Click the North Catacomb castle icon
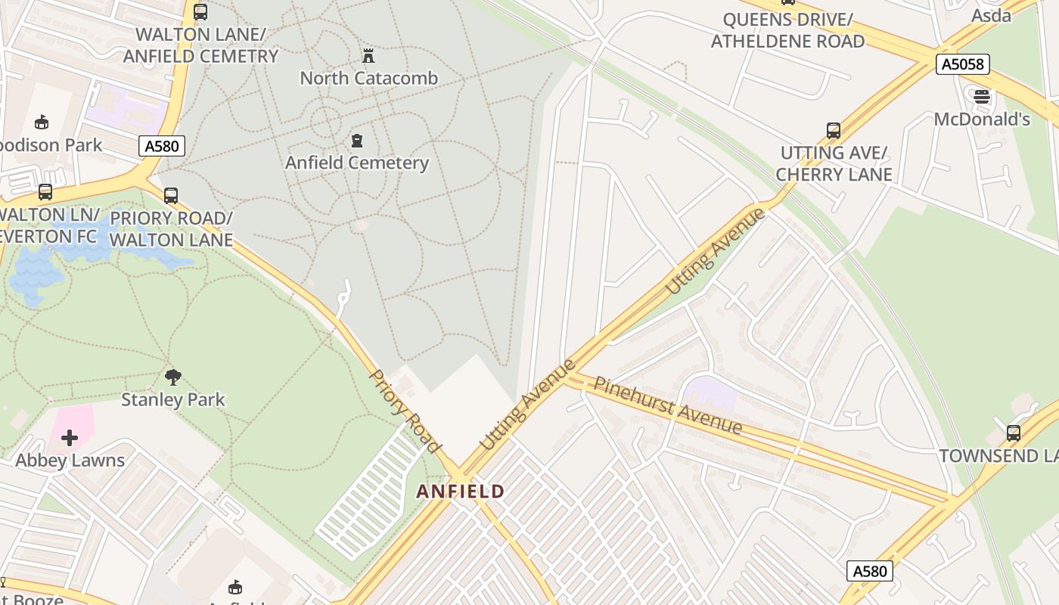pos(368,56)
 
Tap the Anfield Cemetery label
pos(356,163)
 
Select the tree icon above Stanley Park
pos(173,377)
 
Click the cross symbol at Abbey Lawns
pos(70,438)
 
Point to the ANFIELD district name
pos(460,492)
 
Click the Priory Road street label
pos(404,411)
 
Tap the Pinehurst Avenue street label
pos(667,405)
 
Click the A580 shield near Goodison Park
pos(162,146)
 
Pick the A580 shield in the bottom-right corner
pos(869,571)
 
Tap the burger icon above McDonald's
pos(982,96)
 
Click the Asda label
pos(991,15)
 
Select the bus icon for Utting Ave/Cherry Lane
pos(834,131)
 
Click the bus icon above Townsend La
pos(1013,433)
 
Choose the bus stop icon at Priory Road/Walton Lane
pos(171,196)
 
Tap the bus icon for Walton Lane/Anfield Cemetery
pos(200,12)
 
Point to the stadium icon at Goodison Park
pos(42,122)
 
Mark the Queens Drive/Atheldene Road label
pos(787,30)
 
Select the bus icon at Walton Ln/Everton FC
pos(45,192)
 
